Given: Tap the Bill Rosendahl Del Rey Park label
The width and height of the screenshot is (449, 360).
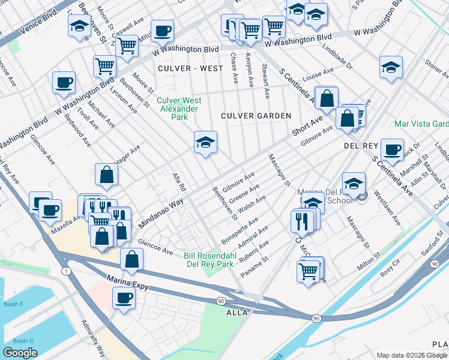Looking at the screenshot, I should [x=208, y=260].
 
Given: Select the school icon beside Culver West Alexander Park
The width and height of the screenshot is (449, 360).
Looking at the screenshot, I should [x=205, y=143].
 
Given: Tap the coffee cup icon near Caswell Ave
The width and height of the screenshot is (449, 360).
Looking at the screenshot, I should [x=161, y=31].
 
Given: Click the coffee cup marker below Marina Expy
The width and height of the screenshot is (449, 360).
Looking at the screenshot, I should [x=125, y=298].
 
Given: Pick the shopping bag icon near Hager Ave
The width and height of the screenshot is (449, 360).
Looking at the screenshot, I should [x=106, y=175].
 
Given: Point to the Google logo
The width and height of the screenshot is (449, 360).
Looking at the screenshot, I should [x=20, y=353].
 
